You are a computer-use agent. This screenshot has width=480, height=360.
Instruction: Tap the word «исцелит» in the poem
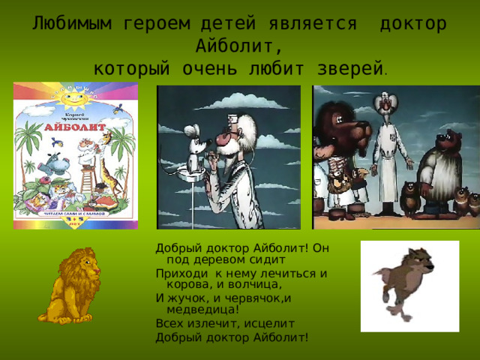(271, 322)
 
